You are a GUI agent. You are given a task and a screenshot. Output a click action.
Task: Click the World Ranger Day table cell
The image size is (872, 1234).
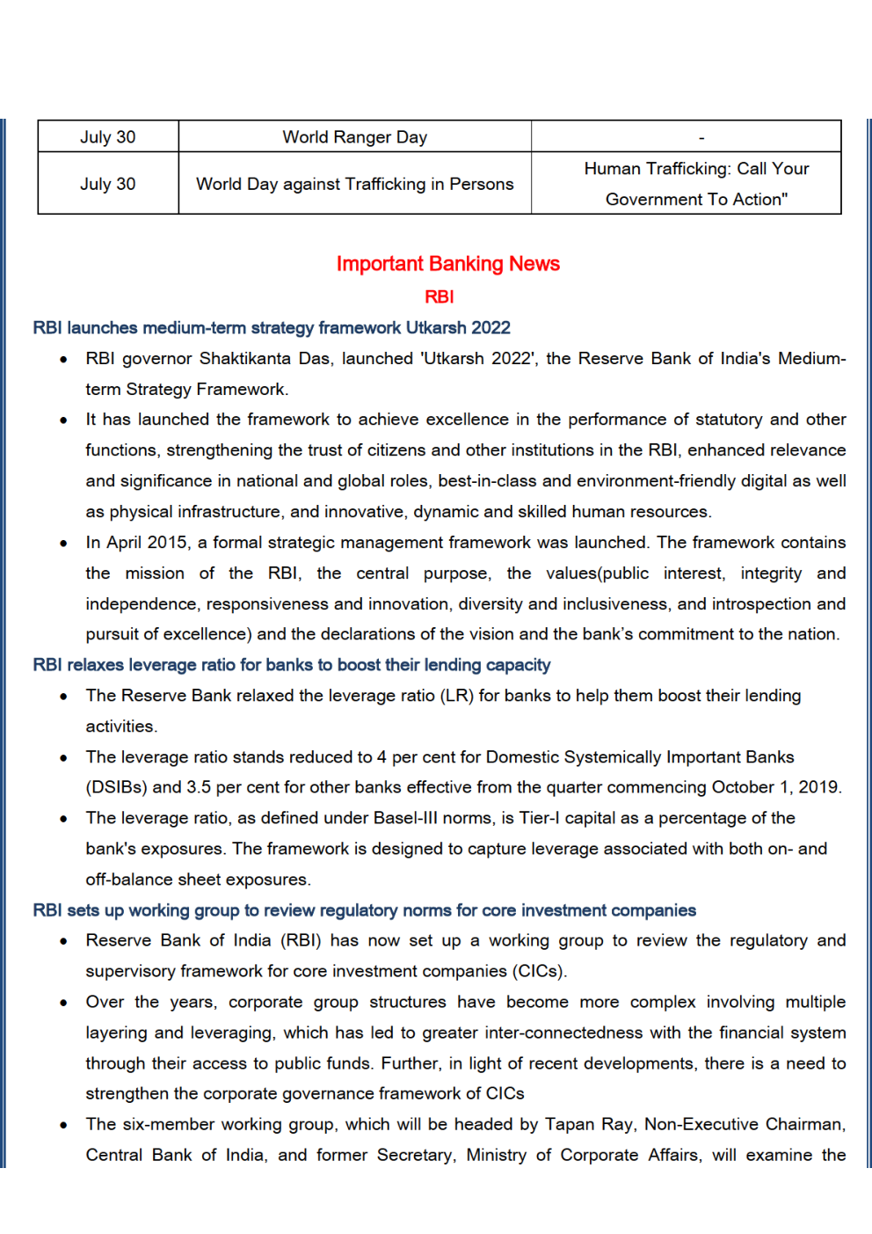pyautogui.click(x=354, y=137)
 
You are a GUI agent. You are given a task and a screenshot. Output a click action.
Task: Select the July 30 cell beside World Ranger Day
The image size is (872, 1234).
pyautogui.click(x=107, y=137)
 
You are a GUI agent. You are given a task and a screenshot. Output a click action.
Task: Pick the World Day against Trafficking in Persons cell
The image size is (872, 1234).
pyautogui.click(x=354, y=184)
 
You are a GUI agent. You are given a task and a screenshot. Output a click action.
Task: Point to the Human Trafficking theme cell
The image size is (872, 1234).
pyautogui.click(x=696, y=184)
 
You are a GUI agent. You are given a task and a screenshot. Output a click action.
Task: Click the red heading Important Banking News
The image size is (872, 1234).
pyautogui.click(x=447, y=264)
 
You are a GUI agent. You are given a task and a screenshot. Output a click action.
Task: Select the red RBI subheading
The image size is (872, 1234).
pyautogui.click(x=439, y=297)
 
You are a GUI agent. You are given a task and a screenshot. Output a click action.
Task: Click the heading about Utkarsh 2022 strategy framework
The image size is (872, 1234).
pyautogui.click(x=272, y=328)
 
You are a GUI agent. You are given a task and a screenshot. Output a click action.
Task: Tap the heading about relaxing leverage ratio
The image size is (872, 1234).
pyautogui.click(x=292, y=665)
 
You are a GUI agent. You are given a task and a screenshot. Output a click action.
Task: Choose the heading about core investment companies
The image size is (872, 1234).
pyautogui.click(x=364, y=910)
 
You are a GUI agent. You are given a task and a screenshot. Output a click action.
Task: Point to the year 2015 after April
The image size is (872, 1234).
pyautogui.click(x=167, y=543)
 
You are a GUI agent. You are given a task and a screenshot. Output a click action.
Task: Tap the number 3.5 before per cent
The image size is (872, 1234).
pyautogui.click(x=199, y=787)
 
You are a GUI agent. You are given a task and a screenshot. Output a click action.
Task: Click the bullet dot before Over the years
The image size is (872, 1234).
pyautogui.click(x=63, y=1003)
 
